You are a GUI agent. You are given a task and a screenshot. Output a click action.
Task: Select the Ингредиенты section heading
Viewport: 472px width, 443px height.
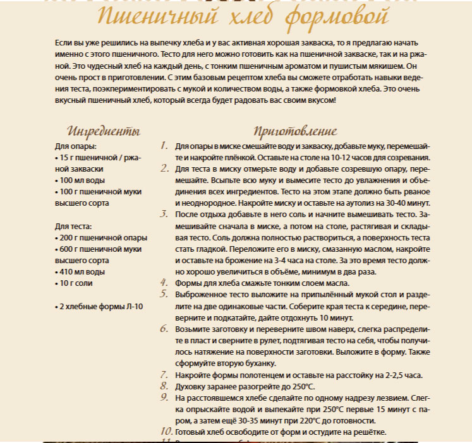click(104, 132)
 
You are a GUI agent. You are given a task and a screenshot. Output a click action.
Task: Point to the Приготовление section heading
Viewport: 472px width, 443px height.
click(295, 132)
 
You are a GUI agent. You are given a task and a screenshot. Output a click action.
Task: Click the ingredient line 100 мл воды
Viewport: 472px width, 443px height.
click(80, 180)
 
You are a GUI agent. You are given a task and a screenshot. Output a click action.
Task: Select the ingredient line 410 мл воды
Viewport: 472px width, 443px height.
click(80, 272)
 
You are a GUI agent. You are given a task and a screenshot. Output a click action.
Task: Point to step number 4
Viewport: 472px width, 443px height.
click(164, 283)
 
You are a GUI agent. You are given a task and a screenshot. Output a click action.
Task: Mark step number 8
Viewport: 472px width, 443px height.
click(164, 386)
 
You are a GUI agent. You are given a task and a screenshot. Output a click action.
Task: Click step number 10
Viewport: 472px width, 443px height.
click(166, 432)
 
